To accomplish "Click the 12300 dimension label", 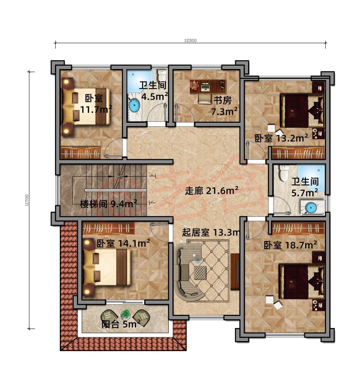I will click(x=190, y=40).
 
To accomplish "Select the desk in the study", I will click(x=207, y=85).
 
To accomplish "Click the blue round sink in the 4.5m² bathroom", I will click(x=134, y=105).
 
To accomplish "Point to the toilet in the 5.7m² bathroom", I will click(x=283, y=173).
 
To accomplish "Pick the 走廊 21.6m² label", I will click(x=211, y=191).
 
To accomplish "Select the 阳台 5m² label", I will click(x=121, y=324).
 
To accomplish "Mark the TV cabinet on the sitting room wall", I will click(x=235, y=271).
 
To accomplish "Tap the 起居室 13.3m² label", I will click(x=210, y=233).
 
